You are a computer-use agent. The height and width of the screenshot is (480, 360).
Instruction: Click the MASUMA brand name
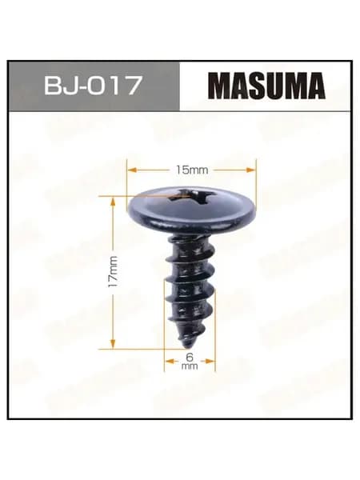click(268, 86)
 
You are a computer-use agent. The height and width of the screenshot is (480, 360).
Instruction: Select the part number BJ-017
click(94, 86)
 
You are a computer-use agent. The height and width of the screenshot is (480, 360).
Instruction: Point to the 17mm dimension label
click(113, 271)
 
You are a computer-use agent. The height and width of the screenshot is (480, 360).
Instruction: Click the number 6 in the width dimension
click(190, 356)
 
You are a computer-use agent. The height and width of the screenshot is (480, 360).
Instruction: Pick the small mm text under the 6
click(190, 366)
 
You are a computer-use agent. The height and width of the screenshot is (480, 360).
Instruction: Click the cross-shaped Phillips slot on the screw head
click(189, 197)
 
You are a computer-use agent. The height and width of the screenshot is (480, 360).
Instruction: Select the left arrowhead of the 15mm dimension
click(132, 170)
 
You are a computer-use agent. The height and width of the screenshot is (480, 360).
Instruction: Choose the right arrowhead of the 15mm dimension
click(250, 170)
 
